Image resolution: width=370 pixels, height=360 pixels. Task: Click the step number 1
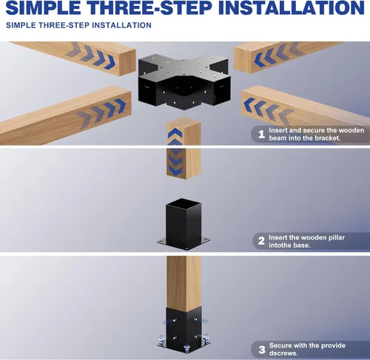tap(261, 135)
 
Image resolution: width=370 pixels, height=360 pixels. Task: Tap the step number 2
tap(261, 241)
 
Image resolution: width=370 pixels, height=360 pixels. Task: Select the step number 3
tap(262, 350)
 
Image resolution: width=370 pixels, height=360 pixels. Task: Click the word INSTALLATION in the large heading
tap(292, 7)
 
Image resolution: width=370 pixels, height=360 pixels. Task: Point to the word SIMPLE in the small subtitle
tap(21, 25)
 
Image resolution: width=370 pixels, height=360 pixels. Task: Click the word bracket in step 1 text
tap(327, 138)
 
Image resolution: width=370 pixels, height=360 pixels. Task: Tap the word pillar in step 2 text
tap(336, 238)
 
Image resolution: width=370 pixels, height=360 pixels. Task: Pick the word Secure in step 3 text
tap(280, 345)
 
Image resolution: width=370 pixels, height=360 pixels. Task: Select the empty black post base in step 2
tap(184, 224)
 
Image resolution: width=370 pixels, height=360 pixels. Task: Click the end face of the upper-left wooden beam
tap(128, 62)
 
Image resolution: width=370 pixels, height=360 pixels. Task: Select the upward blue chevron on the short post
tap(175, 133)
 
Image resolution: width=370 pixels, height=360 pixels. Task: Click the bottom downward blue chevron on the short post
tap(175, 171)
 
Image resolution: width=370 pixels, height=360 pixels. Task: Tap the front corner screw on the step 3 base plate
tap(186, 348)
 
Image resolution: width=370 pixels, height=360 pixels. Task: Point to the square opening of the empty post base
tap(184, 204)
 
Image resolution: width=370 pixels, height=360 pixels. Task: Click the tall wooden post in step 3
tap(184, 283)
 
